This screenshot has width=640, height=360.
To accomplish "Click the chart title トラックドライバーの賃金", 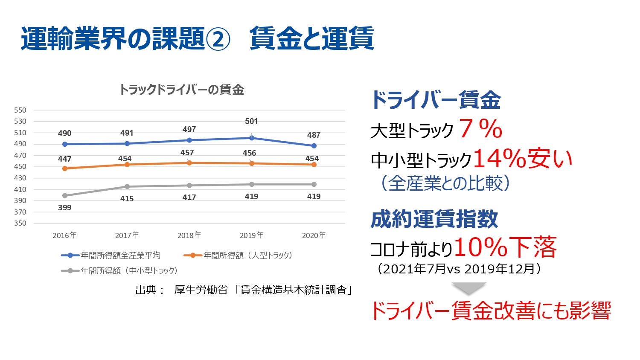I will (x=181, y=90).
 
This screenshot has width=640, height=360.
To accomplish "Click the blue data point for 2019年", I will (x=252, y=138).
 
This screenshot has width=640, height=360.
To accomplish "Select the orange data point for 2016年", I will (x=65, y=168).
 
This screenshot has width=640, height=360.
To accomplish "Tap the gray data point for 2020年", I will (x=314, y=184).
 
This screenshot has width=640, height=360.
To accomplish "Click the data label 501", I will (x=251, y=122).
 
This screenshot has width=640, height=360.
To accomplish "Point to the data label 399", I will (x=65, y=208).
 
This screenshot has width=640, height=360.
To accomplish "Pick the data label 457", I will (x=187, y=153).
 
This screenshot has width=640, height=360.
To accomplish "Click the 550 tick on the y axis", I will (x=20, y=110).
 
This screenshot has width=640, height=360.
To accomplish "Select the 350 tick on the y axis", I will (x=20, y=223).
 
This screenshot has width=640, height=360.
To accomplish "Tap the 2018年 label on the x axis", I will (x=189, y=235).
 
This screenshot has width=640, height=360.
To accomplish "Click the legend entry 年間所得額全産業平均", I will (x=120, y=255).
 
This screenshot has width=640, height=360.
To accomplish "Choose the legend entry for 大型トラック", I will (x=247, y=255).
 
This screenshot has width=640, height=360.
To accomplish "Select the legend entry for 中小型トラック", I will (x=129, y=271).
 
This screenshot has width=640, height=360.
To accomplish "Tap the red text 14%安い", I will (x=523, y=159).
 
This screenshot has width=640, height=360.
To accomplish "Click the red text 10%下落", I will (x=505, y=247).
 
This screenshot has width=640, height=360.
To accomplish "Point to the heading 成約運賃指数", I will (x=434, y=219).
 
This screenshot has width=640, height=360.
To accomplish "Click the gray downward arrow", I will (x=469, y=288).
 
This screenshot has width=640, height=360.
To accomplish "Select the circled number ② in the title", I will (x=218, y=39).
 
